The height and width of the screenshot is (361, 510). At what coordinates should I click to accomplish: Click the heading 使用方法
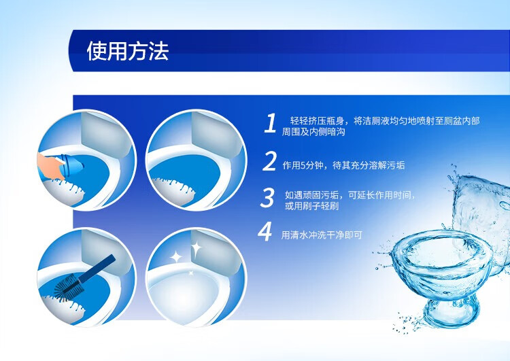coord(128,51)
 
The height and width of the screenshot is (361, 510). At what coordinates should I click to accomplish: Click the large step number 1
coord(270,123)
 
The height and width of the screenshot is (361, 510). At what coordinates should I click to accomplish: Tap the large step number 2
coord(269,161)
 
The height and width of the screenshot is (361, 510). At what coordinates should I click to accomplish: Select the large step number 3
coord(268,197)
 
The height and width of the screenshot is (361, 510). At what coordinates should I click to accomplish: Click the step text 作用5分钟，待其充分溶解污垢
coord(343,165)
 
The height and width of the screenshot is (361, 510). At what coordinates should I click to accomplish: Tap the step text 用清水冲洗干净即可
coord(322,235)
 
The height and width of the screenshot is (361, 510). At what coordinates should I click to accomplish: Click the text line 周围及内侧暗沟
coord(313,132)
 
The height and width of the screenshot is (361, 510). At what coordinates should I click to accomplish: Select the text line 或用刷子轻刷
coord(312,206)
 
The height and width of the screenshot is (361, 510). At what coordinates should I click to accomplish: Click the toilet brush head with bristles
coord(69,286)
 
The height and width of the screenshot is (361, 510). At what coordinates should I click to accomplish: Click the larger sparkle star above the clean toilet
coord(197,249)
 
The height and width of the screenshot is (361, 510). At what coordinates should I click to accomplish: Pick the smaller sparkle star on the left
coord(176,257)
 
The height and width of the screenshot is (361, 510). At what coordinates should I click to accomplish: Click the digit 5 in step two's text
coord(303,165)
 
